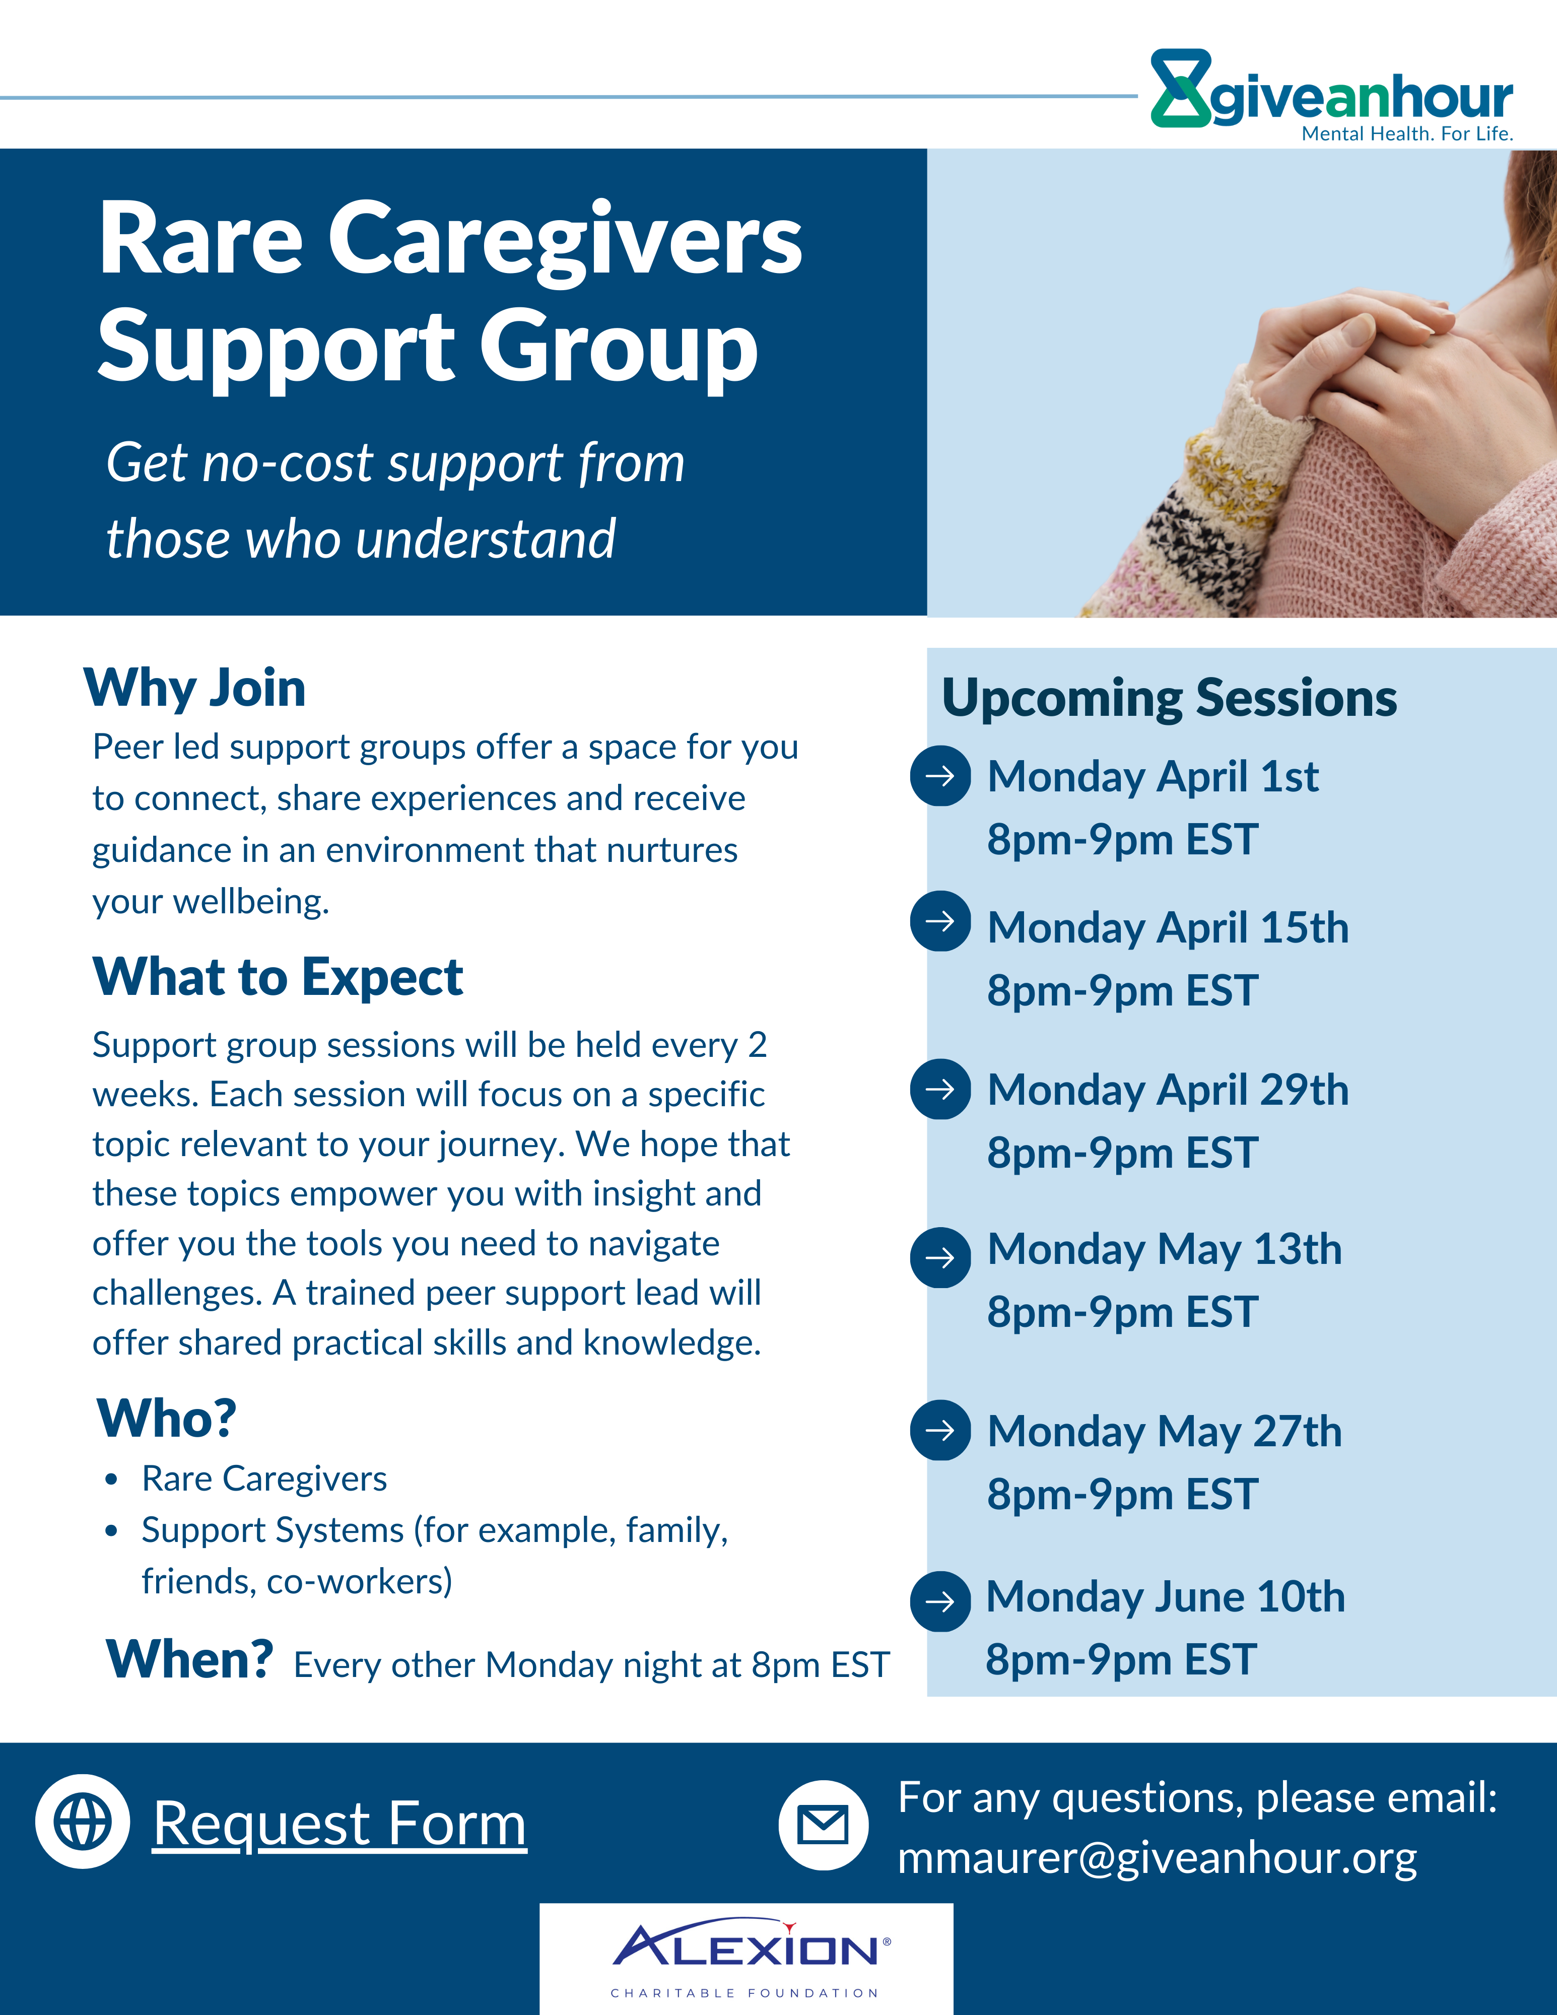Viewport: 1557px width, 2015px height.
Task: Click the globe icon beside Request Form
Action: pos(83,1822)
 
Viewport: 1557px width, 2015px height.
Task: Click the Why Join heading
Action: pos(194,688)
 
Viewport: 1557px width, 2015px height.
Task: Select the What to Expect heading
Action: pos(278,977)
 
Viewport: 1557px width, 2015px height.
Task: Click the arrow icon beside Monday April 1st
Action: pos(940,776)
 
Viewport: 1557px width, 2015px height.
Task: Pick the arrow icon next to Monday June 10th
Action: pos(940,1601)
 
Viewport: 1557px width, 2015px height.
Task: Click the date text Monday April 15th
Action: pos(1168,928)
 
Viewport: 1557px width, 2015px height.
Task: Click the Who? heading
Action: pos(167,1418)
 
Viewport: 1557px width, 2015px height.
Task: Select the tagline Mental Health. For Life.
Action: pos(1407,134)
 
